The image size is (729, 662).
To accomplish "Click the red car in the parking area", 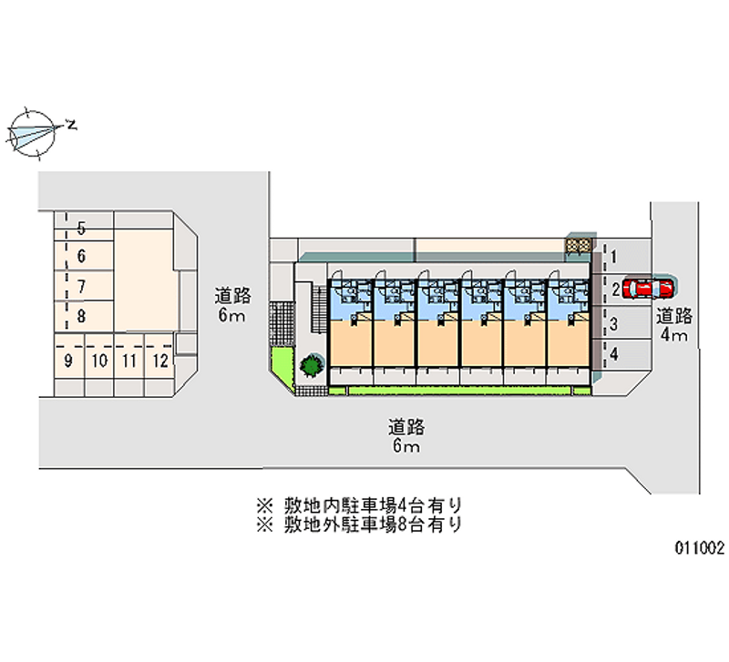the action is pyautogui.click(x=649, y=289).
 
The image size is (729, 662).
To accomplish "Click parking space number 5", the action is pyautogui.click(x=81, y=228).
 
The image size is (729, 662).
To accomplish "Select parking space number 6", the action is pyautogui.click(x=81, y=257).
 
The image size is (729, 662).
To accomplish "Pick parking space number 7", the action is pyautogui.click(x=81, y=287).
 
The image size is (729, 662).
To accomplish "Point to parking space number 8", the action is pyautogui.click(x=81, y=317).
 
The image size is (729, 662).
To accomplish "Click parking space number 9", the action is pyautogui.click(x=68, y=361).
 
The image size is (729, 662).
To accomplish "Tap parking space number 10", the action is pyautogui.click(x=99, y=361).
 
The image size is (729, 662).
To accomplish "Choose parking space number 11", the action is pyautogui.click(x=129, y=361).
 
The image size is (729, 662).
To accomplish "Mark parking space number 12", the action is pyautogui.click(x=159, y=361).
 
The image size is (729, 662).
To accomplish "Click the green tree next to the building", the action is pyautogui.click(x=311, y=366).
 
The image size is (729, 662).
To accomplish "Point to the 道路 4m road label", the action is pyautogui.click(x=674, y=326).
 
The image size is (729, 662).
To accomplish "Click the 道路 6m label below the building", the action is pyautogui.click(x=406, y=436).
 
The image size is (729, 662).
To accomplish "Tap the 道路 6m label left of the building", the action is pyautogui.click(x=232, y=305).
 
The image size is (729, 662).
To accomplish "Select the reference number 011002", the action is pyautogui.click(x=700, y=548).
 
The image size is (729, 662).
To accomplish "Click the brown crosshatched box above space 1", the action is pyautogui.click(x=580, y=244).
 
